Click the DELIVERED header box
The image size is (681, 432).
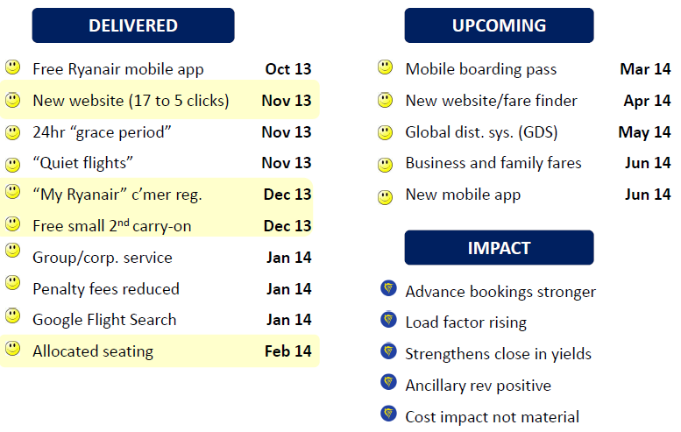pos(133,25)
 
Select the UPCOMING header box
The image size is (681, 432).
pos(499,25)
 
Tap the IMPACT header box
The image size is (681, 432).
pos(499,247)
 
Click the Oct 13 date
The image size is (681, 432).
pos(288,69)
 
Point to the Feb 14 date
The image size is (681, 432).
pos(288,351)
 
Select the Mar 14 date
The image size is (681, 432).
pos(645,69)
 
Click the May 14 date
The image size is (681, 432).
pos(644,132)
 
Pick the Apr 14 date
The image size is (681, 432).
pos(647,101)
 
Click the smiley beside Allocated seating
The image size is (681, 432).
pos(12,348)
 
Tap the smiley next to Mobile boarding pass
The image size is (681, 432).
pos(386,67)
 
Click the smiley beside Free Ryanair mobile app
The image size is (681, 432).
pos(12,67)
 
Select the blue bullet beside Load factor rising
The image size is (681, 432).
pos(389,320)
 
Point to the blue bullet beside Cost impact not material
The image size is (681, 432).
pos(389,414)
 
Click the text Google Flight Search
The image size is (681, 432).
pos(104,320)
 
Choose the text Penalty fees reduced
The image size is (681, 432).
pos(106,288)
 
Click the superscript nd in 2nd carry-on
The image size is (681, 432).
pos(124,223)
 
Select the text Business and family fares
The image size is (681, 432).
pos(493,163)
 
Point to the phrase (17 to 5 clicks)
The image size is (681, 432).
pos(179,101)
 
